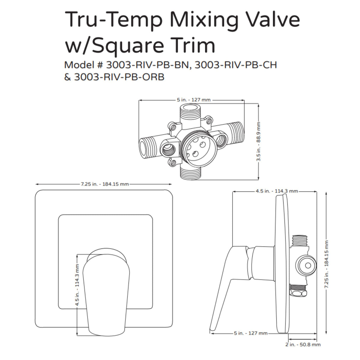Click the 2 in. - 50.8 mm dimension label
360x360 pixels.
[x=303, y=344]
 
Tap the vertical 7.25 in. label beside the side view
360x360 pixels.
[x=326, y=264]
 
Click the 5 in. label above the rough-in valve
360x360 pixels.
[x=193, y=100]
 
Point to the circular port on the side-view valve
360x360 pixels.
[x=306, y=265]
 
